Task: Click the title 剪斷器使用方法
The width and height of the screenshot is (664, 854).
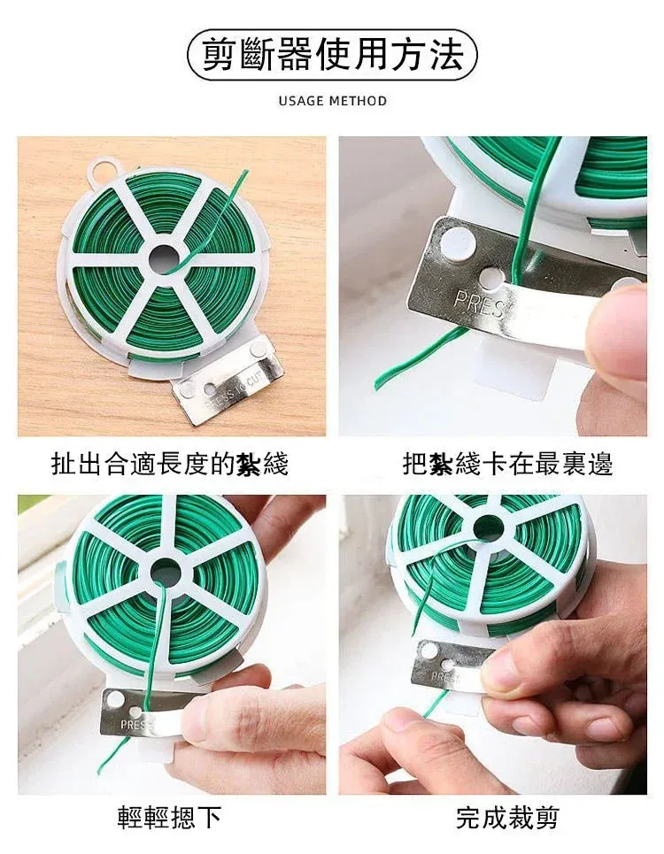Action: click(332, 55)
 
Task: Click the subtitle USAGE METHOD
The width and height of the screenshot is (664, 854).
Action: click(332, 101)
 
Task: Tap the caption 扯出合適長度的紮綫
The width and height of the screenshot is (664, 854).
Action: click(169, 465)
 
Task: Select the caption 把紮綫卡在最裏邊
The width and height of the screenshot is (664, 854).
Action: click(507, 465)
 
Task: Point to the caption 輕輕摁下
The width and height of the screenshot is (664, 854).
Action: click(169, 818)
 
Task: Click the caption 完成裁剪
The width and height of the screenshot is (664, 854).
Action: click(507, 818)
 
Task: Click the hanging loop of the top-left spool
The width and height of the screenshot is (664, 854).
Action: click(103, 170)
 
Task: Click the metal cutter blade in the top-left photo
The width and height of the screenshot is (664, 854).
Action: click(228, 383)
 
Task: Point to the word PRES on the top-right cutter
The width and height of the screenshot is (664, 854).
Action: click(479, 304)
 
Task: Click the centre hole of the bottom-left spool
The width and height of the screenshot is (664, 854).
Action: click(165, 573)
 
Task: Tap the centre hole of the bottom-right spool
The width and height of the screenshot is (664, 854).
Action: click(489, 528)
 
